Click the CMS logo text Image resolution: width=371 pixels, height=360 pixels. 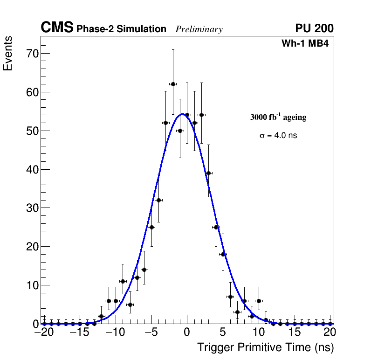pyautogui.click(x=57, y=28)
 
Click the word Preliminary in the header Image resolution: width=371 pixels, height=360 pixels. pyautogui.click(x=199, y=29)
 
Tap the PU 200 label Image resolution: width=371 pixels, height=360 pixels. pyautogui.click(x=314, y=28)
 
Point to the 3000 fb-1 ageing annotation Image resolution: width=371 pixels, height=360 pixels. pyautogui.click(x=278, y=117)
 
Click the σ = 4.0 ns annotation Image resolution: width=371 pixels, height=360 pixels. pyautogui.click(x=278, y=136)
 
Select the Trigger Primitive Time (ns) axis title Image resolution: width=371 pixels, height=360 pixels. pyautogui.click(x=265, y=347)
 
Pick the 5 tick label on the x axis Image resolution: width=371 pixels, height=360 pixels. pyautogui.click(x=223, y=332)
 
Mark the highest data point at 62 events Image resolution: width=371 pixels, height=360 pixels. pyautogui.click(x=173, y=84)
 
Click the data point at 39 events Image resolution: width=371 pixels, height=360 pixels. pyautogui.click(x=208, y=173)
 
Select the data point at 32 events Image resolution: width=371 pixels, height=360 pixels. pyautogui.click(x=158, y=200)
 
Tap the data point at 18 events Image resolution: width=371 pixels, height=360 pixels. pyautogui.click(x=223, y=254)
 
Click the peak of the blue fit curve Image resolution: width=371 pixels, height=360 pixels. pyautogui.click(x=182, y=114)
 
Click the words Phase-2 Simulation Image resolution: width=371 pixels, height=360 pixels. pyautogui.click(x=121, y=29)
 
